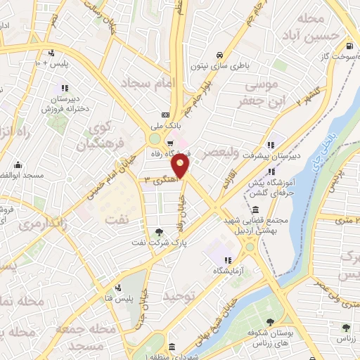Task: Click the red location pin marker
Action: pyautogui.click(x=181, y=167)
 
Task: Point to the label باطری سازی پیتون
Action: pyautogui.click(x=217, y=67)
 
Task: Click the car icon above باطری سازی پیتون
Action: pyautogui.click(x=219, y=55)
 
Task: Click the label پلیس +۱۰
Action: pyautogui.click(x=51, y=64)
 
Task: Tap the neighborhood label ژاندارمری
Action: pyautogui.click(x=41, y=224)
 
